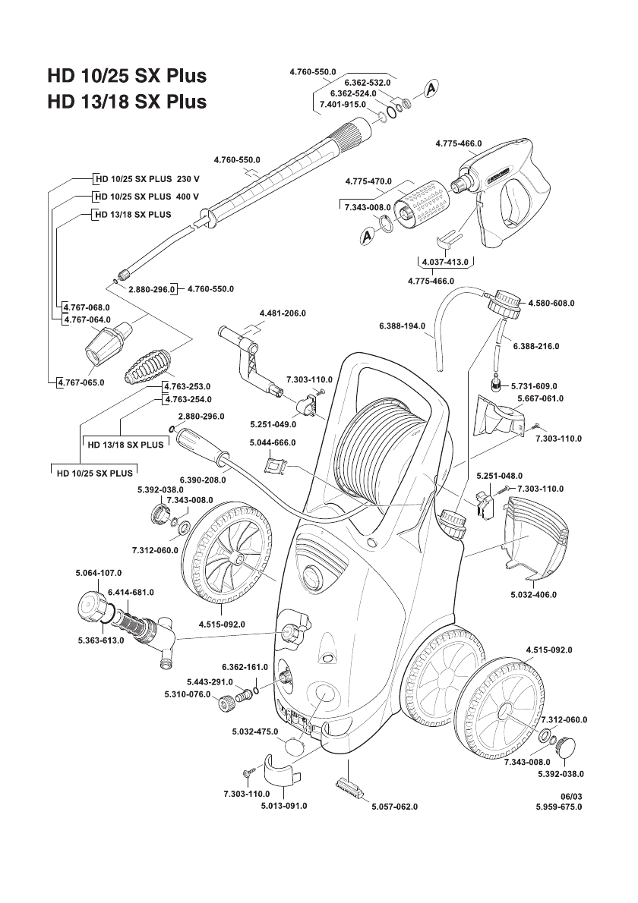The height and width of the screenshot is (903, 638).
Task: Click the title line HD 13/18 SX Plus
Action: point(127,102)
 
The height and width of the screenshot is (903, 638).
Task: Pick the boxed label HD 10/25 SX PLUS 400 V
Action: point(146,197)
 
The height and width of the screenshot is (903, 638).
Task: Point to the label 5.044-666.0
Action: point(272,442)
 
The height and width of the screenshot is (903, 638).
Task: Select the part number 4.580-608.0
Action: point(551,303)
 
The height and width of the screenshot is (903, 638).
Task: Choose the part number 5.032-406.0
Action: point(533,595)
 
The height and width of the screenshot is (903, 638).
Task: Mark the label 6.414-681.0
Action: point(131,592)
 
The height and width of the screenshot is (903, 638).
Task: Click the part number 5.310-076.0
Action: point(188,694)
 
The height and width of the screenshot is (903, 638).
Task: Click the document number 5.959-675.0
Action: point(558,807)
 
